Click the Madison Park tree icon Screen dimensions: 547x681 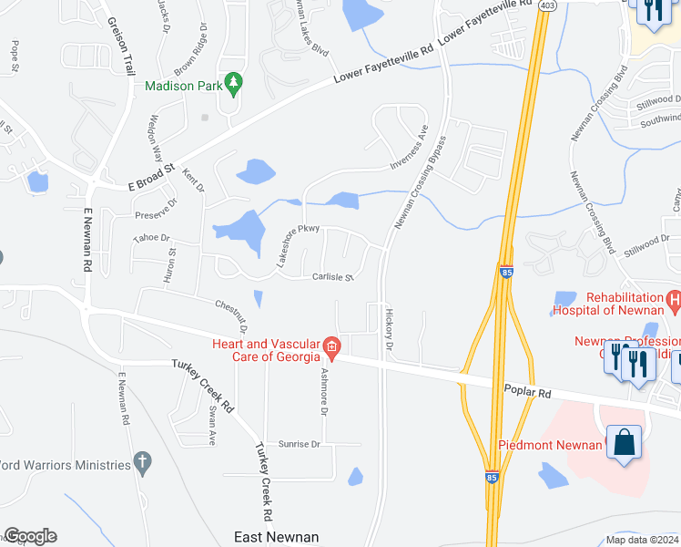(x=233, y=85)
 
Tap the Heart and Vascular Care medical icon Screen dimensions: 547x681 (x=332, y=346)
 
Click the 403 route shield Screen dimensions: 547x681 (x=547, y=5)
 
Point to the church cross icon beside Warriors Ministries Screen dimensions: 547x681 (x=141, y=462)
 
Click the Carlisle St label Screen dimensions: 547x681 (x=332, y=276)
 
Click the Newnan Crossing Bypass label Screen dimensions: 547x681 (x=420, y=182)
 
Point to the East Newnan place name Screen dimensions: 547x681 (x=277, y=537)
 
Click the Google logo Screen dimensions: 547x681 (x=30, y=536)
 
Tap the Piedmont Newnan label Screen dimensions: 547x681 (x=550, y=445)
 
